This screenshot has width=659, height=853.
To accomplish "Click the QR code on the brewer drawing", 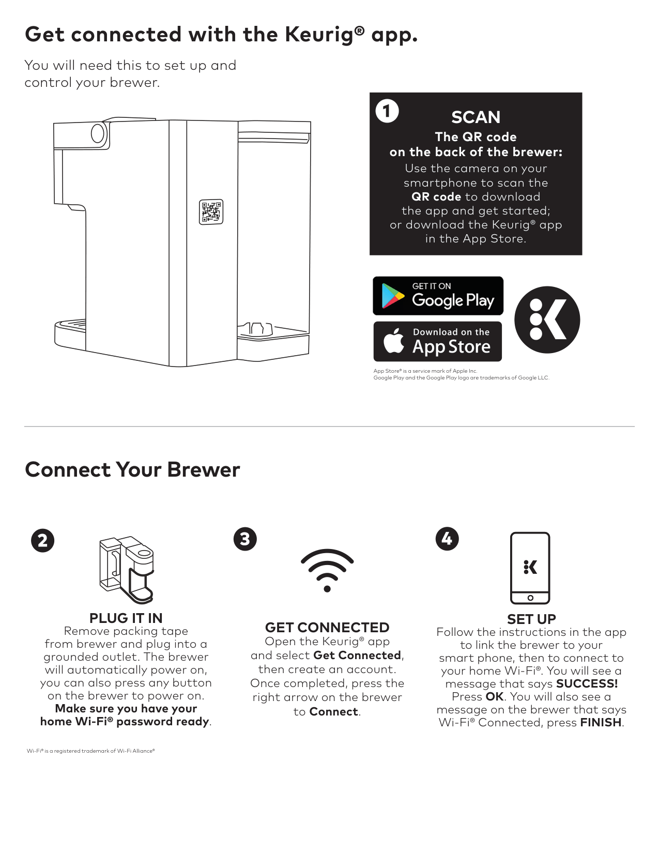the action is [x=211, y=211].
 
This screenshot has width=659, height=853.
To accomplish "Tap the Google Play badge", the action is [x=438, y=296].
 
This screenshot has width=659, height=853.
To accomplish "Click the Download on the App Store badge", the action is [x=438, y=342].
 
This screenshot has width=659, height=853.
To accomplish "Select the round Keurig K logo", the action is [x=547, y=319].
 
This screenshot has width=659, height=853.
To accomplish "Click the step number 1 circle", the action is [x=387, y=111].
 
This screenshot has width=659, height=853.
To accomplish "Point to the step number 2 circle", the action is [x=43, y=541].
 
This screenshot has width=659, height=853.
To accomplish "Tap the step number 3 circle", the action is [x=245, y=539].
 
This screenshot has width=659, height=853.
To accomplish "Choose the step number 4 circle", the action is [x=447, y=539].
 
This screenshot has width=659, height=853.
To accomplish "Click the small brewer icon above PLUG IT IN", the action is [x=127, y=570].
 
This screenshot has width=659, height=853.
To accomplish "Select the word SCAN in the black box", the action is [x=476, y=117].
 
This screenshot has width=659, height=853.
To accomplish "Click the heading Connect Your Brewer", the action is [x=132, y=469].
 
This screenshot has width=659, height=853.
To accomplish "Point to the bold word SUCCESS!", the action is [x=587, y=683].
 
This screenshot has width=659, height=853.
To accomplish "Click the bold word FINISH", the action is [x=601, y=722].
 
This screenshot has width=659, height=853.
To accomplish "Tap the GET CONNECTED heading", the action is [x=327, y=627].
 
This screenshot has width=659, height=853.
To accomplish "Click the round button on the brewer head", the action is [x=98, y=133].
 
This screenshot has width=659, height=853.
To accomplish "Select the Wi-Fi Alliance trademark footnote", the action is [x=90, y=751].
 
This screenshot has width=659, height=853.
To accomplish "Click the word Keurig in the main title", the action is [x=325, y=35].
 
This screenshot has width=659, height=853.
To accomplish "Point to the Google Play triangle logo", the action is [x=392, y=296].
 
